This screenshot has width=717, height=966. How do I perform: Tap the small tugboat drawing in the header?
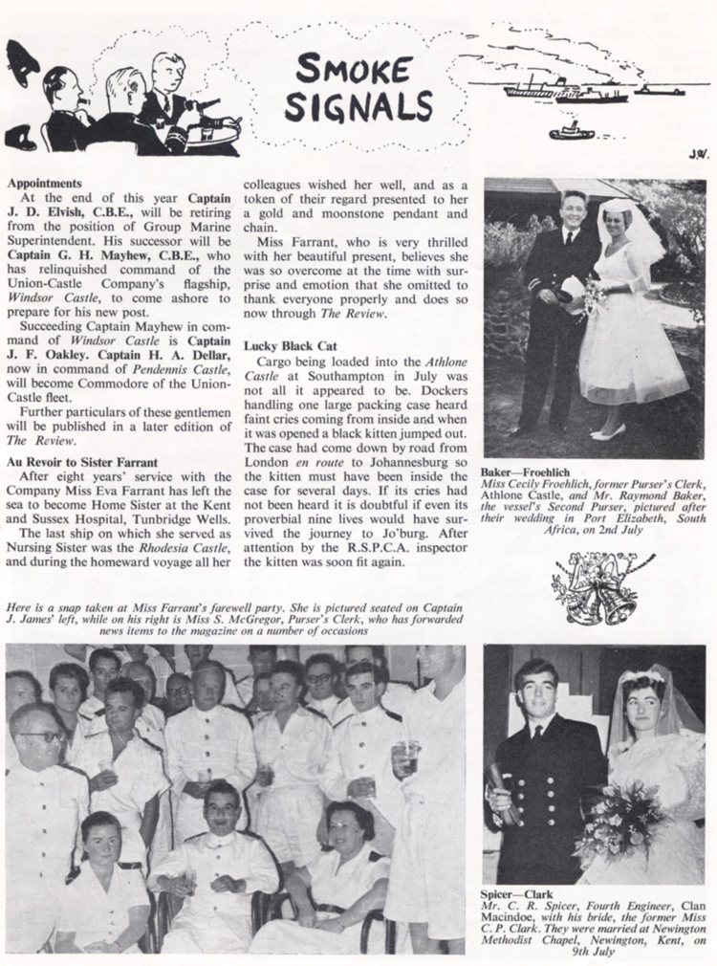pos(571,131)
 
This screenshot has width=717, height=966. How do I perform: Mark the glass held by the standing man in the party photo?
pos(408,757)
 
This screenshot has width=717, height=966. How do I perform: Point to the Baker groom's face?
pos(574,209)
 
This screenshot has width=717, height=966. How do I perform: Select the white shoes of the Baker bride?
pos(608,431)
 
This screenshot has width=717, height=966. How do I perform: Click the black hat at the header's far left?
pos(20,64)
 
